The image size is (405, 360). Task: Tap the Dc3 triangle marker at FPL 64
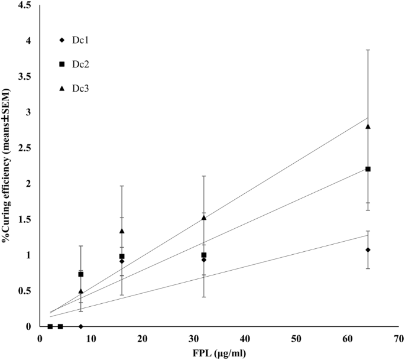point(368,126)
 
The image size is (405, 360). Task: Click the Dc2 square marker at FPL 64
point(368,169)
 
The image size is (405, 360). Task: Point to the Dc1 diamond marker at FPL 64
point(368,249)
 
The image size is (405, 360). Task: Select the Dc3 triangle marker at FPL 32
point(204,218)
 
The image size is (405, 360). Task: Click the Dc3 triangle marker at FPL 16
point(122,231)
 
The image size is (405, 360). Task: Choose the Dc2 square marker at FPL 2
point(50,326)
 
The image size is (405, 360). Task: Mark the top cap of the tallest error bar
point(368,50)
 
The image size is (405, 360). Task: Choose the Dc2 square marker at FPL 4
point(60,326)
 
